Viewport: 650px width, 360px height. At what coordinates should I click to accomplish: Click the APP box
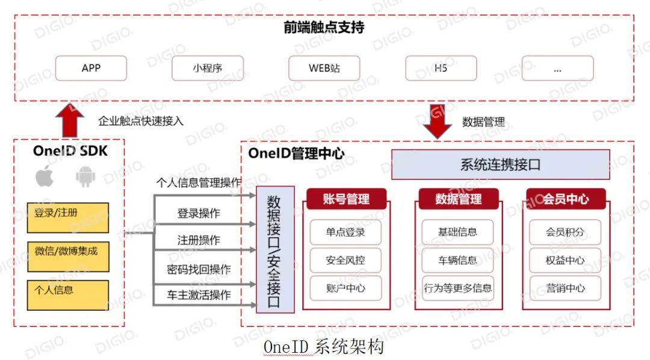pos(91,68)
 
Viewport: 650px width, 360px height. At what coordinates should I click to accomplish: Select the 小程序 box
pos(208,68)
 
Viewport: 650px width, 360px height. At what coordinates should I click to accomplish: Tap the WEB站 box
pos(324,68)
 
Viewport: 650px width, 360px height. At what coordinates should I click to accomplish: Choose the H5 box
pos(441,68)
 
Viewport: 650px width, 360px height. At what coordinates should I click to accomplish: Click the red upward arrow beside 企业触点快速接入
pos(70,120)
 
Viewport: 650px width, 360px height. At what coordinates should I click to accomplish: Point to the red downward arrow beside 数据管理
pos(438,121)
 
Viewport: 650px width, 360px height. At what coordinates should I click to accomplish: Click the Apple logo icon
pos(45,176)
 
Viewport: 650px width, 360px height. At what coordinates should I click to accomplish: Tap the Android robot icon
pos(85,176)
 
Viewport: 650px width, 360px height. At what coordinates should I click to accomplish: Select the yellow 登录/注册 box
pos(68,218)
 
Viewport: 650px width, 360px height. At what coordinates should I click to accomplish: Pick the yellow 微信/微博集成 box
pos(68,256)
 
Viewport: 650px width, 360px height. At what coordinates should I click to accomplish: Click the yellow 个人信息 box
pos(68,296)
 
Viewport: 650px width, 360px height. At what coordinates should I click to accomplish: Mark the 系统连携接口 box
pos(500,165)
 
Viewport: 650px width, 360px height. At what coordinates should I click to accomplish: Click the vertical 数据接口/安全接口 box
pos(275,250)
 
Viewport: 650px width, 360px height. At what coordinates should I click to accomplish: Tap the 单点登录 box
pos(345,232)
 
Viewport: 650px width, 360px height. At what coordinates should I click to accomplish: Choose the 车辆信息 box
pos(457,261)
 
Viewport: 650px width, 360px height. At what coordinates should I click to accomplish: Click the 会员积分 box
pos(565,232)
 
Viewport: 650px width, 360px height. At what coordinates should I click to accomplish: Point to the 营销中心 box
pos(565,288)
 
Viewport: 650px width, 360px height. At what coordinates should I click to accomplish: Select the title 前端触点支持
pos(324,27)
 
